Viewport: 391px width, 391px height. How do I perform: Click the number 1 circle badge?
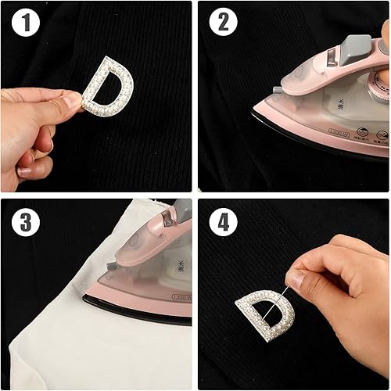28,27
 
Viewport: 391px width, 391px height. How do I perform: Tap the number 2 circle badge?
223,27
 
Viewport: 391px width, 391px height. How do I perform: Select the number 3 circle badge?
28,222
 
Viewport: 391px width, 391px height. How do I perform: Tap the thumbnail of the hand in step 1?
72,101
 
